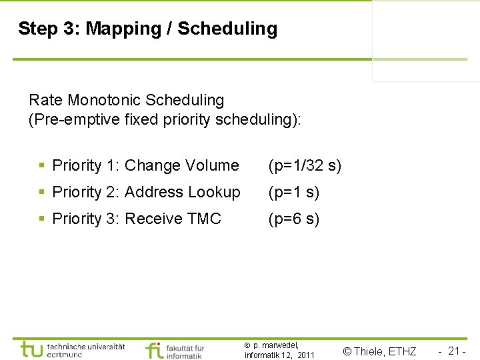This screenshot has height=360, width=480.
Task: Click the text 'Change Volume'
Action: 181,165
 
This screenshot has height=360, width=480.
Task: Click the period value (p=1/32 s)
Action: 305,165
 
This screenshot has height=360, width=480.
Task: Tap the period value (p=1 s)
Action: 294,192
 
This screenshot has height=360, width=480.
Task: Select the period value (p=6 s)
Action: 294,219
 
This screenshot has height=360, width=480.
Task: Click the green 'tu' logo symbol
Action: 31,349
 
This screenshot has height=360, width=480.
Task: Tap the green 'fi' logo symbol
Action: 155,349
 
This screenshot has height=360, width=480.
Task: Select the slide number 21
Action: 456,351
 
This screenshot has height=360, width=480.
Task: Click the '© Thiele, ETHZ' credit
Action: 379,351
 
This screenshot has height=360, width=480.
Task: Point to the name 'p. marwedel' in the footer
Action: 275,345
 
